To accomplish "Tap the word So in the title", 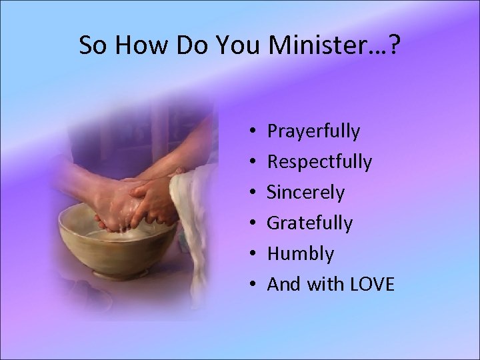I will click(91, 45).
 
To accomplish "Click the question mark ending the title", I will click(394, 45).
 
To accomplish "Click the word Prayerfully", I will click(313, 131).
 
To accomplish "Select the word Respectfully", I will click(319, 162).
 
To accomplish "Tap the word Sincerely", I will click(306, 193).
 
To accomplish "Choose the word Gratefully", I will click(309, 223).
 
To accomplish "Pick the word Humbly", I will click(300, 254).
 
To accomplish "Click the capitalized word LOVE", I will click(371, 285).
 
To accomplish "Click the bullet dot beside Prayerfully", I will click(257, 132).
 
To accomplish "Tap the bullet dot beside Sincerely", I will click(257, 193).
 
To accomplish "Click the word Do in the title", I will click(187, 45).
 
